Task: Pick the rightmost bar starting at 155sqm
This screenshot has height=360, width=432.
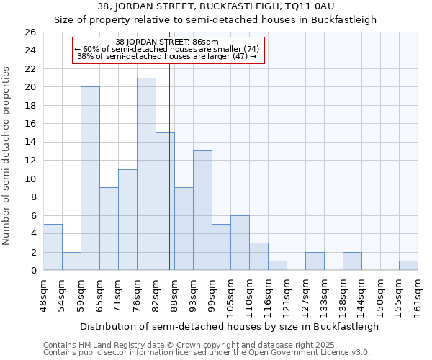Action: click(x=408, y=265)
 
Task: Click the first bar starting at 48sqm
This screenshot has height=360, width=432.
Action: click(x=53, y=247)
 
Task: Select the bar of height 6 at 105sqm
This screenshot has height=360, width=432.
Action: click(x=240, y=243)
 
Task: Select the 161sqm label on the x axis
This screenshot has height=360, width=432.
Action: click(x=418, y=295)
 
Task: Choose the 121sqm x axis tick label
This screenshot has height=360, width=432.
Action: click(x=287, y=295)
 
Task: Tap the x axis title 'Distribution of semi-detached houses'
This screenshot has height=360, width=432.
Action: click(x=229, y=326)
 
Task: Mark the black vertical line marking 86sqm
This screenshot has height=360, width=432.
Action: click(x=169, y=180)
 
